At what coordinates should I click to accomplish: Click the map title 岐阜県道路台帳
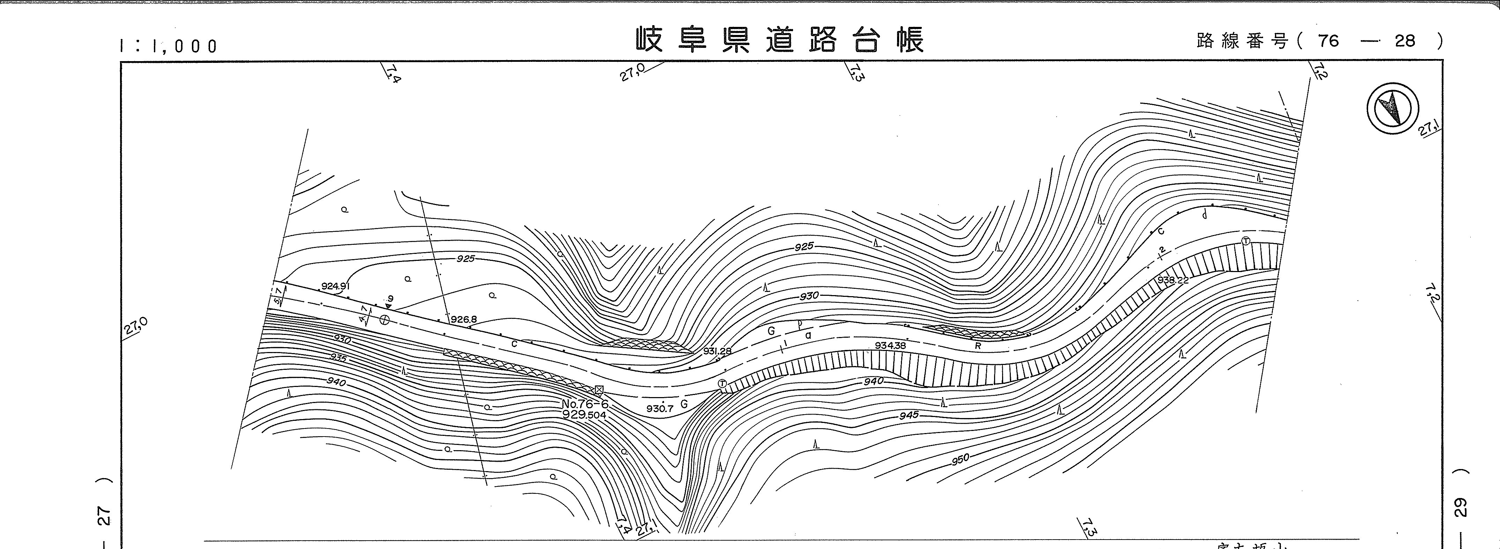pos(780,39)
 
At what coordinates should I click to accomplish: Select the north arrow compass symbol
pos(1392,109)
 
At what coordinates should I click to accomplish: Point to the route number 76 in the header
pos(1329,41)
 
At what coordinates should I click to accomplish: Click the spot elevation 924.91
pos(335,286)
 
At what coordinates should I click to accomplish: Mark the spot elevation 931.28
pos(717,351)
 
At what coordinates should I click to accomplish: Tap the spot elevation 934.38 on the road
pos(890,346)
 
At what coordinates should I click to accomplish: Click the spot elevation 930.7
pos(660,409)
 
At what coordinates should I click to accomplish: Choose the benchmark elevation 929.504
pos(584,415)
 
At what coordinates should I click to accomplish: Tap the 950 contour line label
pos(960,459)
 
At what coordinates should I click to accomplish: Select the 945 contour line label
pos(908,415)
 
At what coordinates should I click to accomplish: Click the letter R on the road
pos(978,346)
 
